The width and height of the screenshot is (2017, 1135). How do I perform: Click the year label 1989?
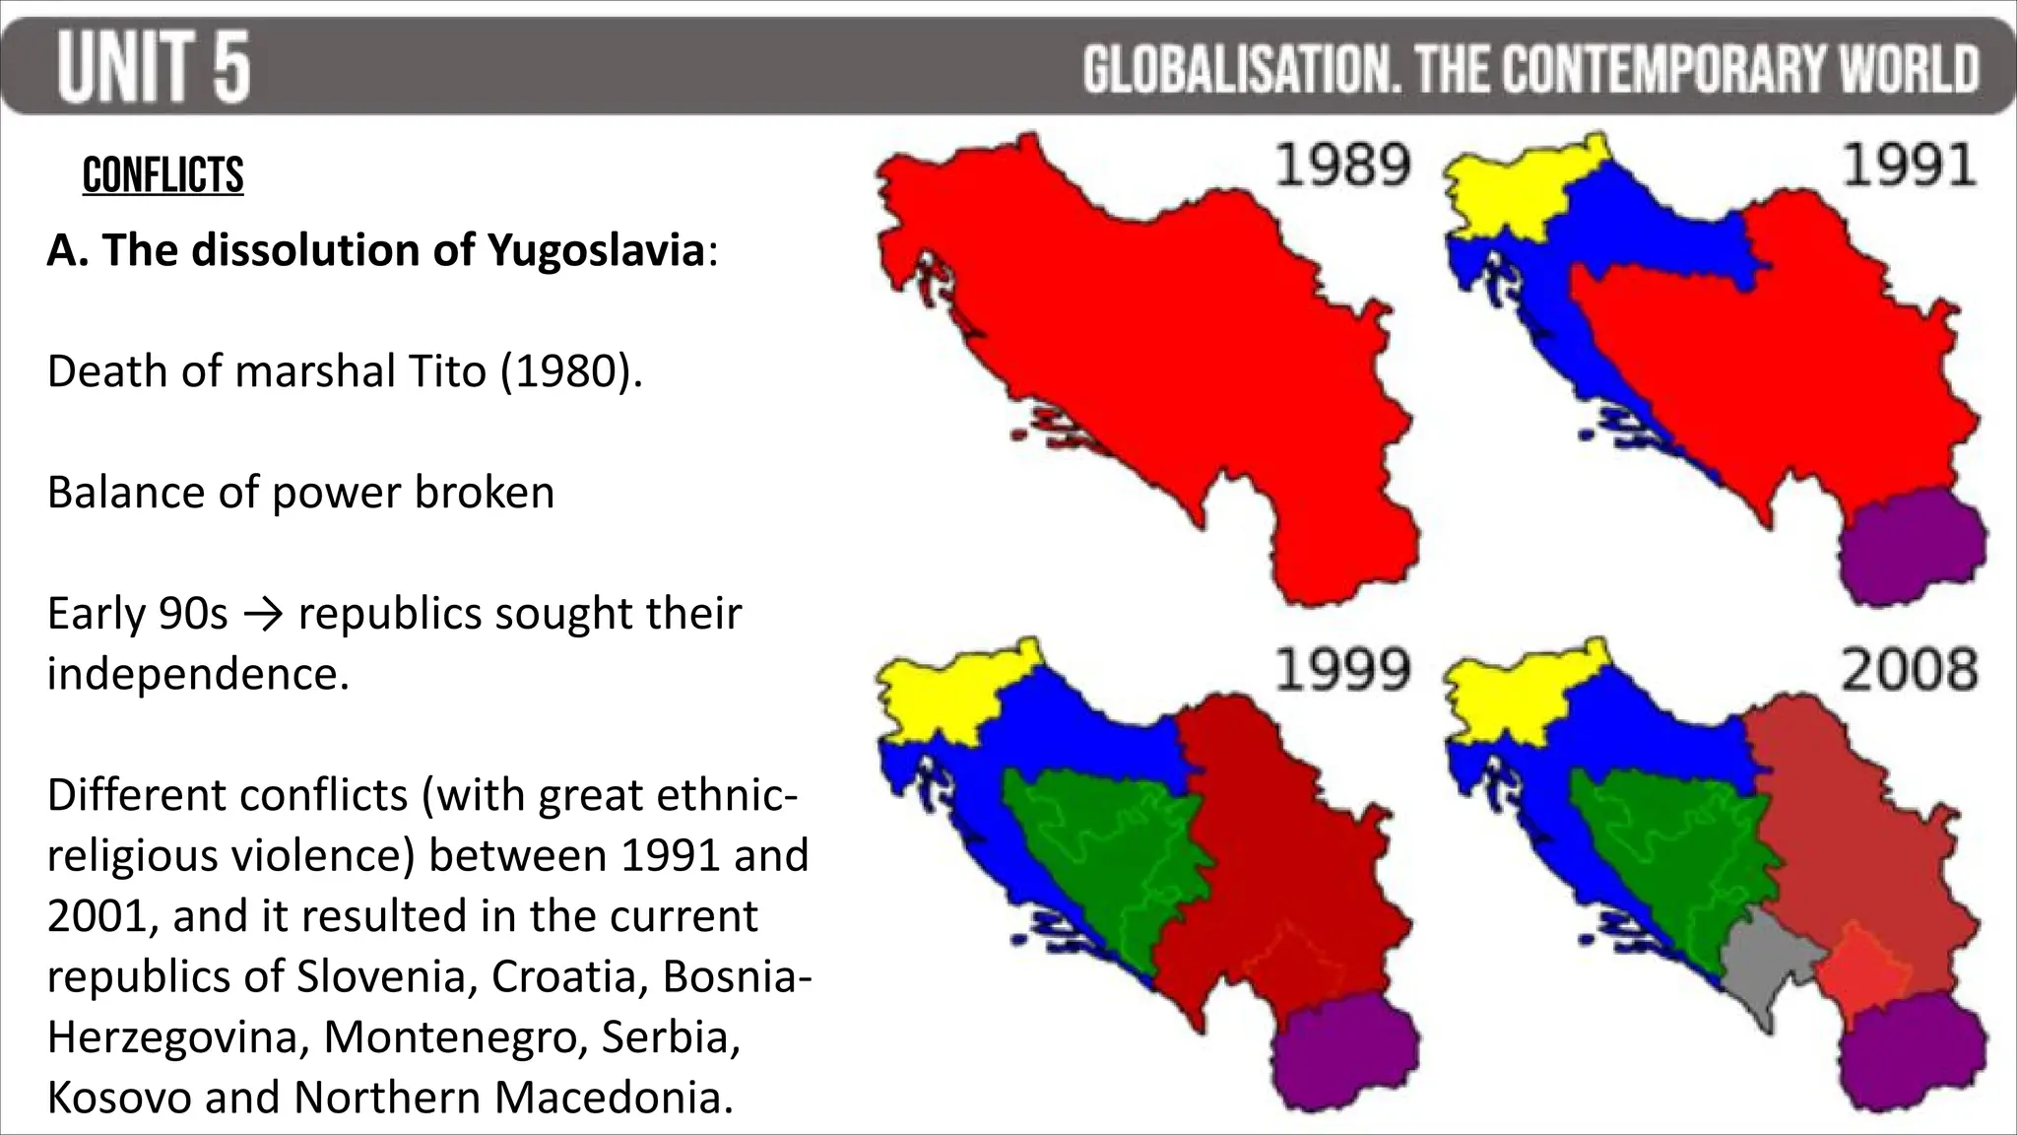tap(1343, 166)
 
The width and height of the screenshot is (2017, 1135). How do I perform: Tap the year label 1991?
tap(1910, 166)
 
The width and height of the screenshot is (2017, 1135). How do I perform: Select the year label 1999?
tap(1343, 671)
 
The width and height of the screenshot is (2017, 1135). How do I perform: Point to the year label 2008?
tap(1910, 671)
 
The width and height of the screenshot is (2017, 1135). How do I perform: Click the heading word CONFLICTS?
tap(163, 176)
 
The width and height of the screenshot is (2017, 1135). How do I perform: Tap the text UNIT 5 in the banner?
tap(154, 67)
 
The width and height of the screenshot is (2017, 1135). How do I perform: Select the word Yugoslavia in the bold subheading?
tap(596, 250)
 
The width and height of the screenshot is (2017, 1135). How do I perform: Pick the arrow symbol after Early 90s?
tap(262, 614)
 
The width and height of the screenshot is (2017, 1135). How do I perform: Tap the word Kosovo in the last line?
tap(118, 1098)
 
